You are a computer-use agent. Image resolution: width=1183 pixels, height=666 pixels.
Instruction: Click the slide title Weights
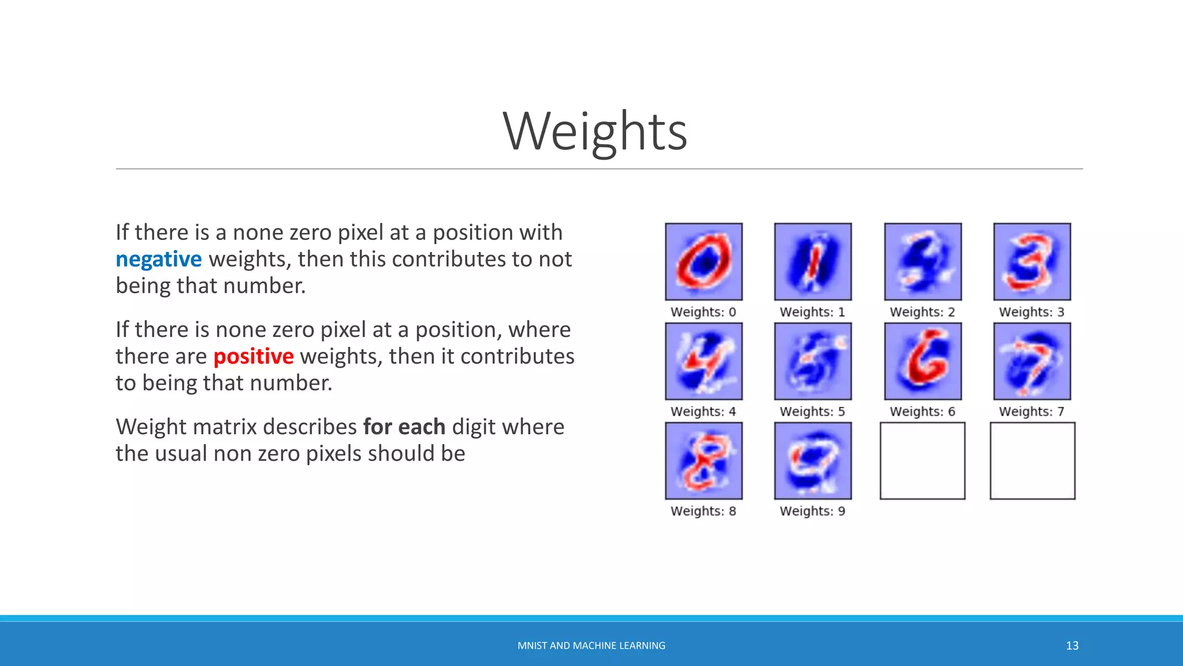point(595,132)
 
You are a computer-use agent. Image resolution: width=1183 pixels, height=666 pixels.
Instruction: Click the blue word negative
point(158,260)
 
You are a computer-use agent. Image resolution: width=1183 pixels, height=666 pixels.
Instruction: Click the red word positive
point(253,357)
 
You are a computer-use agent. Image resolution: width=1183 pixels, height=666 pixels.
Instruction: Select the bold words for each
point(404,427)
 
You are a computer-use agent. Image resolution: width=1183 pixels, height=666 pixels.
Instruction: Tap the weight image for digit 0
point(704,262)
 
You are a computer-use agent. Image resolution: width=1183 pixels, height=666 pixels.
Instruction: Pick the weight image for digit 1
point(813,262)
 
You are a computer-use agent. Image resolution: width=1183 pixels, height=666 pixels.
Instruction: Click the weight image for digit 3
point(1032,262)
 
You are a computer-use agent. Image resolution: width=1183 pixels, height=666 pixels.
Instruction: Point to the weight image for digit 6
point(922,361)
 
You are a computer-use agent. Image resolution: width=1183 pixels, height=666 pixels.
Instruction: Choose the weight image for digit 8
point(704,461)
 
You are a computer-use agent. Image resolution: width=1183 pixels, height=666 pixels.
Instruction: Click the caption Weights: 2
point(922,312)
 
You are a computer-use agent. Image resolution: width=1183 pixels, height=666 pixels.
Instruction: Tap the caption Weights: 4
point(703,412)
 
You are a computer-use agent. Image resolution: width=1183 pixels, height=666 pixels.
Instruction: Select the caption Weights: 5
point(812,412)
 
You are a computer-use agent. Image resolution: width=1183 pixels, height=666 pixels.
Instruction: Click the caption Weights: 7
point(1031,412)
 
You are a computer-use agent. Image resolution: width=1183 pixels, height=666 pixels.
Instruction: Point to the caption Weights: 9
point(812,511)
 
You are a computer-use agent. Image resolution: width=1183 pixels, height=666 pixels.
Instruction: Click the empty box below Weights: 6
point(922,461)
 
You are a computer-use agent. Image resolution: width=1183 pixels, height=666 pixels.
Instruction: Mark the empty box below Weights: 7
point(1032,461)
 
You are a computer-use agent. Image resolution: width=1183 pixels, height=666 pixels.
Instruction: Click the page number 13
point(1072,646)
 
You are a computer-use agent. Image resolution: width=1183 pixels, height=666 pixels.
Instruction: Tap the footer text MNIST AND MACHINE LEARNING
point(591,646)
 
